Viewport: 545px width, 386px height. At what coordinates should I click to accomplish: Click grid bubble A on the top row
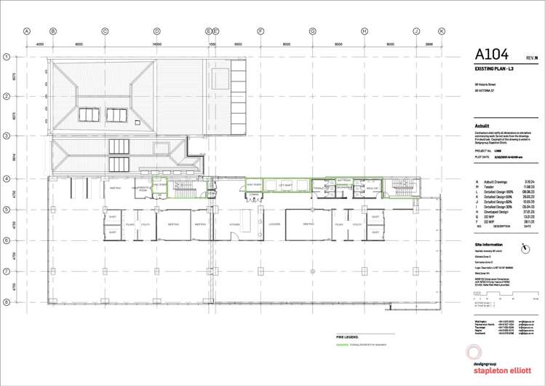(x=27, y=31)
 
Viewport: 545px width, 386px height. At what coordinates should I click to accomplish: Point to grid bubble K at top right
(x=441, y=31)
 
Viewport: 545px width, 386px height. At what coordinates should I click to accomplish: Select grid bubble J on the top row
(x=416, y=31)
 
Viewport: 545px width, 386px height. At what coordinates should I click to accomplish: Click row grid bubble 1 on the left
(x=6, y=56)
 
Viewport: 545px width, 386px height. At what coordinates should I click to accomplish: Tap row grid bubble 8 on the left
(x=6, y=301)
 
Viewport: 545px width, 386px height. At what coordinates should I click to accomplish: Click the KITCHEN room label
(x=234, y=224)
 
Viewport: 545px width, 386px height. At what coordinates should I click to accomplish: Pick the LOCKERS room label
(x=274, y=224)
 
